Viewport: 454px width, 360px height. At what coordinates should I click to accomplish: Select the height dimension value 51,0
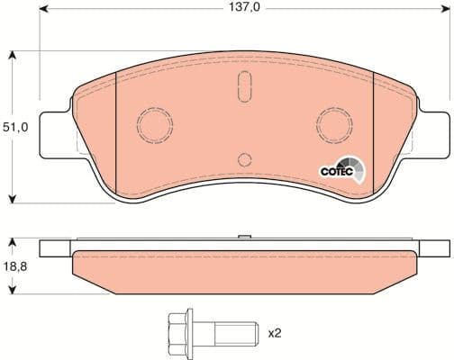click(19, 128)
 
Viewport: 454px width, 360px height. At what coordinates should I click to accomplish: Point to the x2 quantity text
click(275, 332)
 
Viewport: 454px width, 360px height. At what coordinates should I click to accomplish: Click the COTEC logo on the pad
click(341, 171)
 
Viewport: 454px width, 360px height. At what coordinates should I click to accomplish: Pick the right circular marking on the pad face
click(335, 121)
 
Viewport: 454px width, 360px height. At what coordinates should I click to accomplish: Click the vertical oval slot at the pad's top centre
click(243, 91)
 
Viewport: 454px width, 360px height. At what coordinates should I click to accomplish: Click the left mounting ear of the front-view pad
click(54, 125)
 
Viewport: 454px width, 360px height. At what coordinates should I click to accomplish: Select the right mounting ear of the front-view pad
click(433, 125)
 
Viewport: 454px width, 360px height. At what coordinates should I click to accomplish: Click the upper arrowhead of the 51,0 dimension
click(11, 56)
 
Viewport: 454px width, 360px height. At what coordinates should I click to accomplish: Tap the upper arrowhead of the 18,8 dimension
click(11, 243)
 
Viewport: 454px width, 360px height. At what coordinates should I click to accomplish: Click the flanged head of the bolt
click(177, 332)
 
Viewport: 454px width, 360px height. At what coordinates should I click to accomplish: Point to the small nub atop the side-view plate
click(243, 238)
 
